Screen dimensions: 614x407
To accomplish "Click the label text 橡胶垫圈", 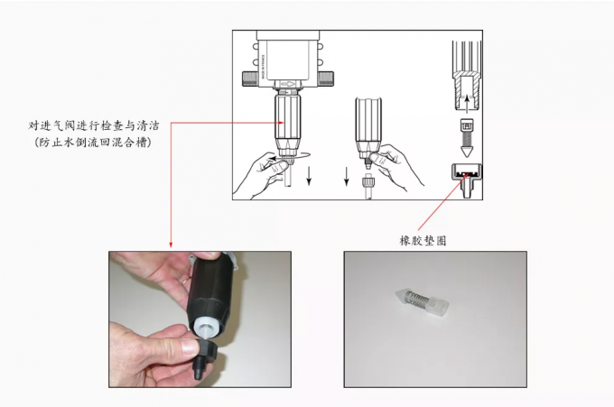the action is tap(423, 240).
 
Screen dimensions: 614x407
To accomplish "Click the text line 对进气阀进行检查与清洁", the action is tap(94, 125).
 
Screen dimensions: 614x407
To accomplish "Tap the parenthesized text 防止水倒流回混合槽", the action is tap(93, 142).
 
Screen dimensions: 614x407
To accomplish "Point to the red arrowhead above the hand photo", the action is tap(171, 245).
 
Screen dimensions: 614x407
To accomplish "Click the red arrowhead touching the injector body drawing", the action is tap(281, 123).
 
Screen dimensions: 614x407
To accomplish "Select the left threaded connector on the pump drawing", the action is tap(250, 79).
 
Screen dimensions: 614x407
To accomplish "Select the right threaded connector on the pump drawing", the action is tap(326, 79).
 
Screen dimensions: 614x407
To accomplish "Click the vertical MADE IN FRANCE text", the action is tap(264, 67).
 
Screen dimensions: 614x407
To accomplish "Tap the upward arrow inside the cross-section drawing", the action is tap(467, 103).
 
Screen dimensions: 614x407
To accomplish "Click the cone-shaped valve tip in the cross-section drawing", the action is tap(467, 152).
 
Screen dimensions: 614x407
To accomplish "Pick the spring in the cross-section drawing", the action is tap(467, 139).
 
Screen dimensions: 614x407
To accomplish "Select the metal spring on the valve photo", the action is tap(417, 300).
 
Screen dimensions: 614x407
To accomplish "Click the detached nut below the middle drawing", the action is tap(368, 183).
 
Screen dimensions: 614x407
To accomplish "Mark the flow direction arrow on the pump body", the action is tap(287, 84).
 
